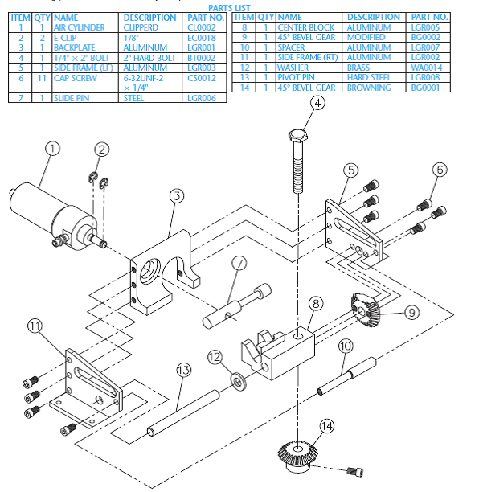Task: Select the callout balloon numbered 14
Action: (325, 426)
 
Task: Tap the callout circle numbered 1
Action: (52, 148)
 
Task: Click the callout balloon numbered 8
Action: (317, 303)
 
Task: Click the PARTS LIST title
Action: (228, 7)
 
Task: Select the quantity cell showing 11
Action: (43, 78)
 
